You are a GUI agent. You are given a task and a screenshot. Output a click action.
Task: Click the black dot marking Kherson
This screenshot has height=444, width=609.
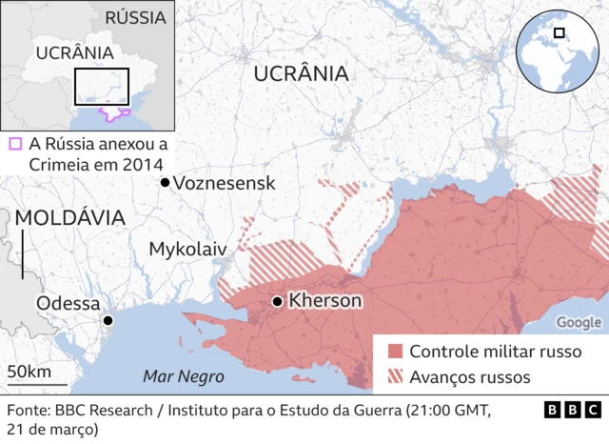[x=277, y=302]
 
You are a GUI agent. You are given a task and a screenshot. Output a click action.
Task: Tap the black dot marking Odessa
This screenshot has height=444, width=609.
[x=108, y=321]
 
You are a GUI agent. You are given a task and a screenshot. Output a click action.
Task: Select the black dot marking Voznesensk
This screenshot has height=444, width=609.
[x=165, y=182]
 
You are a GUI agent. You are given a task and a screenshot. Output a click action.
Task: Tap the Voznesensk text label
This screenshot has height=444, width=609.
[x=225, y=183]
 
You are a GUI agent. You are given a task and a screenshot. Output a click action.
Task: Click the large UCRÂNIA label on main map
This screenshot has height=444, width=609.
[x=301, y=73]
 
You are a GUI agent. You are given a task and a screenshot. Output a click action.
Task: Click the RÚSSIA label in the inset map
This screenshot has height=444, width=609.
[x=135, y=17]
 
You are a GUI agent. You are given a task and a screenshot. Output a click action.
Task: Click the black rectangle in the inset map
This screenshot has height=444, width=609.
[x=102, y=87]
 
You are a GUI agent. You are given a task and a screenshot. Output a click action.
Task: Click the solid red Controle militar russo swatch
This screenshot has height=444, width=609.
[x=395, y=351]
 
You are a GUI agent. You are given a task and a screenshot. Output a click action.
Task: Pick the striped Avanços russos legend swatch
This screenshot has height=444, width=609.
[x=395, y=377]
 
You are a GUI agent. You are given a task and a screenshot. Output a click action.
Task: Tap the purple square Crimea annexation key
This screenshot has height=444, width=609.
[x=14, y=144]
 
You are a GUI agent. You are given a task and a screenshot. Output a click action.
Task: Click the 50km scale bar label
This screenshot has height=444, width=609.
[x=29, y=371]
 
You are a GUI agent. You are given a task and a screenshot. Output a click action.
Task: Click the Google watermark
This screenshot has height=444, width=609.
[x=579, y=323]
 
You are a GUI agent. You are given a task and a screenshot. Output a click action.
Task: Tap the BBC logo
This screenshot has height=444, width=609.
[x=573, y=411]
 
